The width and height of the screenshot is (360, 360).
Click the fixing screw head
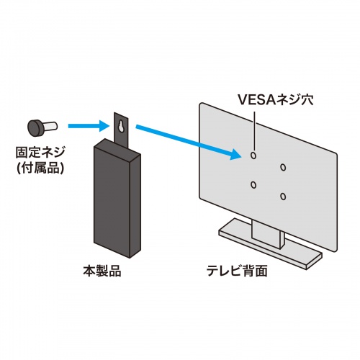pos(34,127)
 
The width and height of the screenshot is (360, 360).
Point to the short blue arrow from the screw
pos(87,127)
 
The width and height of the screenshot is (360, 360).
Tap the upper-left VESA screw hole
pos(253,154)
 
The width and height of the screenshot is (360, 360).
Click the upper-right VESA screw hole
pos(282,167)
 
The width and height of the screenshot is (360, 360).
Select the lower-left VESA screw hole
pos(253,185)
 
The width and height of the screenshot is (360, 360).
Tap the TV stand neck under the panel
pos(266,234)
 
